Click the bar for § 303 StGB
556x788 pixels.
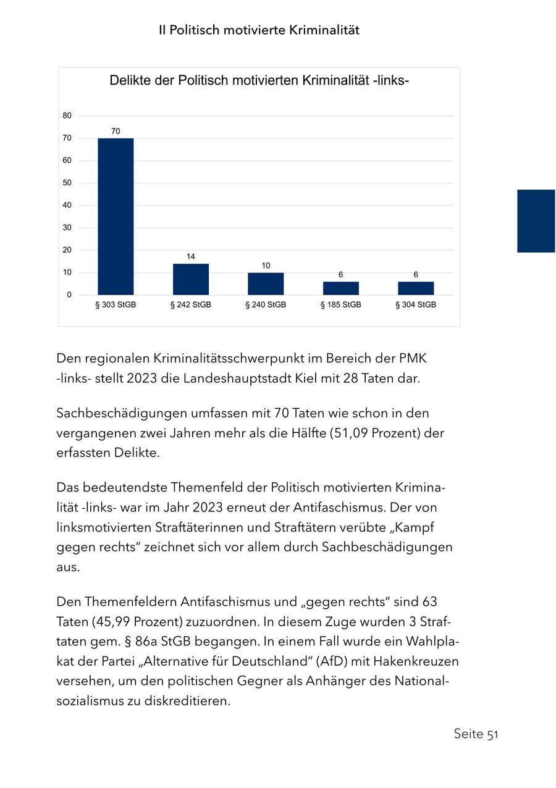coord(116,216)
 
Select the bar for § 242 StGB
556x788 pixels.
coord(191,279)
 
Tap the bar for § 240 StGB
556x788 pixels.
coord(266,283)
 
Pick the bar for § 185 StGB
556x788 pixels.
coord(340,288)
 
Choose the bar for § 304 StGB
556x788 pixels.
coord(416,288)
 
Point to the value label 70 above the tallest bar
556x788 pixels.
coord(116,132)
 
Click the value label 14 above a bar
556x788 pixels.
coord(191,256)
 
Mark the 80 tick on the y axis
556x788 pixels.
coord(67,115)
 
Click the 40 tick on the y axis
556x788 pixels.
coord(67,205)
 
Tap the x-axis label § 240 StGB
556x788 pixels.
coord(266,305)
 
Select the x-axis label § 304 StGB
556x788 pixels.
coord(416,305)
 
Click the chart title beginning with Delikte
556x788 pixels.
coord(259,81)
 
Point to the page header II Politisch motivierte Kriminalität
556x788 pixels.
coord(259,30)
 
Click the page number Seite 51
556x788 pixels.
coord(476,734)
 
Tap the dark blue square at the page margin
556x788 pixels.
coord(536,221)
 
